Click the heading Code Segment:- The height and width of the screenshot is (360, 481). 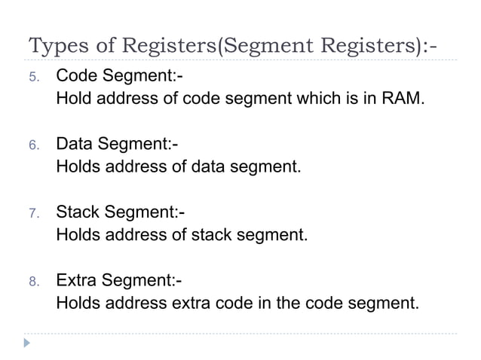(x=119, y=76)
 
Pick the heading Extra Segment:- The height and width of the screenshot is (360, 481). (x=119, y=280)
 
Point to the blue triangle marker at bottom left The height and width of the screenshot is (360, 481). (x=28, y=343)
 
